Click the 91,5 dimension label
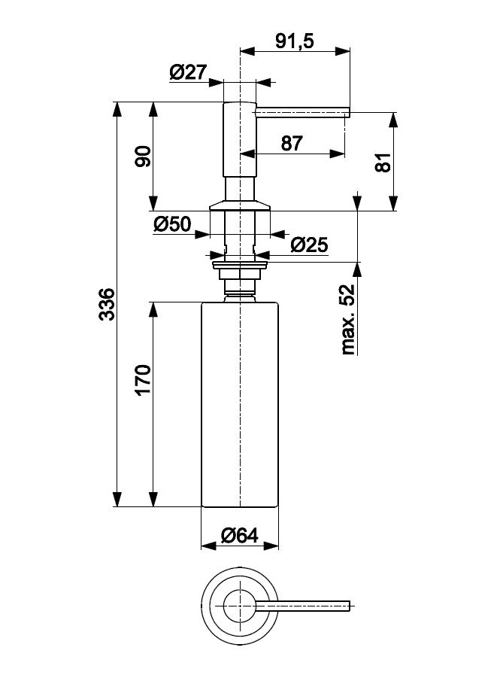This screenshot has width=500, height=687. pos(294,42)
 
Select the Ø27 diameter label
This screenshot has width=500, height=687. pos(188,72)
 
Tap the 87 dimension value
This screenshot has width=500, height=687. pos(292,143)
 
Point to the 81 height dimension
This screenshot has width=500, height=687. pos(383,161)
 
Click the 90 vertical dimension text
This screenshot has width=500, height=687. pos(144,157)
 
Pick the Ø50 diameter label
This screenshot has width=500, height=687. pos(172,223)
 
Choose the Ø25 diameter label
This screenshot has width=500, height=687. pos(309,245)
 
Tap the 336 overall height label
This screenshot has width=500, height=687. pos(108,304)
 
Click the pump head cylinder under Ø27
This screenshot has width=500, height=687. pos(241,139)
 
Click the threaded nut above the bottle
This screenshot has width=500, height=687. pos(240,281)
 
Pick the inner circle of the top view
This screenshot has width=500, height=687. pos(239,602)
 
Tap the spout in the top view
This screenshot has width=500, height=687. pos(305,603)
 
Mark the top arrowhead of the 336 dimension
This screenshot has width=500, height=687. pos(117,108)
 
